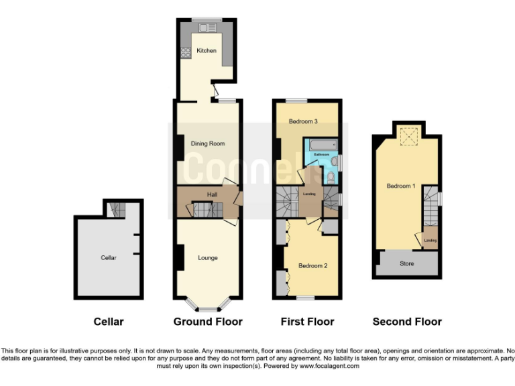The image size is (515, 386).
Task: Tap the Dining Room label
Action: coord(208,143)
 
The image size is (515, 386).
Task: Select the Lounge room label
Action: coord(208,257)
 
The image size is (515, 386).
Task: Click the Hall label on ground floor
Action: coord(212,195)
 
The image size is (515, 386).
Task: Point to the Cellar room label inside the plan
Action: coord(109,257)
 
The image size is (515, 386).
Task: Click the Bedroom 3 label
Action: coord(303,121)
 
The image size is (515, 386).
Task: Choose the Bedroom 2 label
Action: coord(312,266)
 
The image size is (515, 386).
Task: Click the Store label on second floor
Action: coord(407,263)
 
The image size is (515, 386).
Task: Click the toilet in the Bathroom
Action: coord(331,176)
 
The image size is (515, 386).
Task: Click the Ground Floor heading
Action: coord(208,322)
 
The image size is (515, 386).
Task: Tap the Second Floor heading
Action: coord(407,322)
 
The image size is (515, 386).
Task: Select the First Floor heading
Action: coord(307,322)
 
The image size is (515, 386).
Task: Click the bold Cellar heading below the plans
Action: coord(109,322)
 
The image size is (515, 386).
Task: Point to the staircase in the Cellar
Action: coord(116,210)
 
